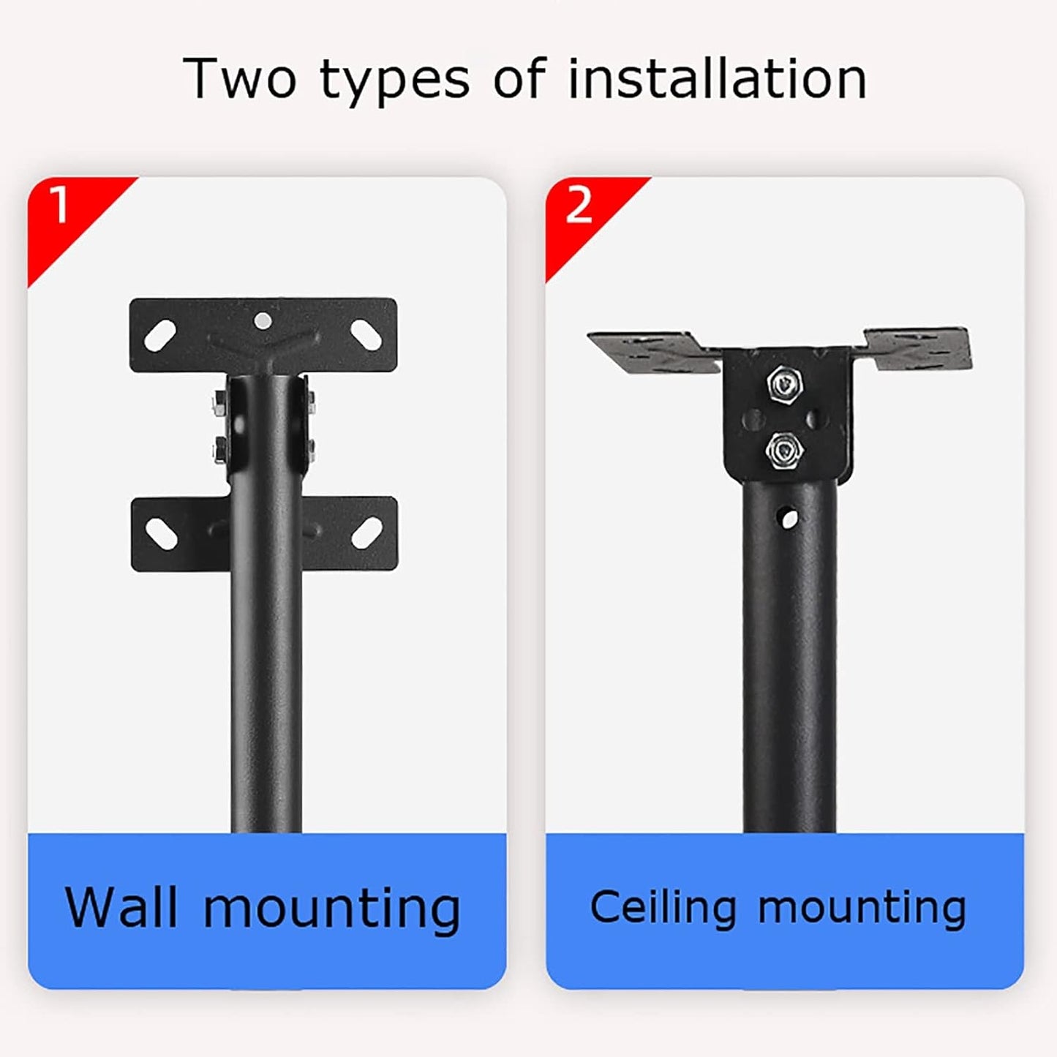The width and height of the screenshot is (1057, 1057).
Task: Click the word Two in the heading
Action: click(x=240, y=78)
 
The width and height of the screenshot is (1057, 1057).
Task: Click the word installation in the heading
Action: click(x=717, y=78)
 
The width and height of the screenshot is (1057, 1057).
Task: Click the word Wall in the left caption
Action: click(x=121, y=908)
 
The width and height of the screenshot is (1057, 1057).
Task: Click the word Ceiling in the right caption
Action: click(x=663, y=908)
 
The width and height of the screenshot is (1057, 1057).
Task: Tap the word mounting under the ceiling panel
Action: click(x=862, y=908)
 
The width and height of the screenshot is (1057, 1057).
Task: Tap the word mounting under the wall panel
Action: click(x=331, y=908)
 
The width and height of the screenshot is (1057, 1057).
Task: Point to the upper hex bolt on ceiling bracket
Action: click(x=784, y=382)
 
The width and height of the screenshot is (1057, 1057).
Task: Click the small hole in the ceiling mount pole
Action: click(x=788, y=519)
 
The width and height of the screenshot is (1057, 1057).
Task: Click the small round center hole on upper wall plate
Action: click(x=263, y=320)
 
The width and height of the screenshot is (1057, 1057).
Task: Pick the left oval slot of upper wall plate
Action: click(x=160, y=335)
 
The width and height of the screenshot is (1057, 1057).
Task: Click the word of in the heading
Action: click(x=519, y=78)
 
